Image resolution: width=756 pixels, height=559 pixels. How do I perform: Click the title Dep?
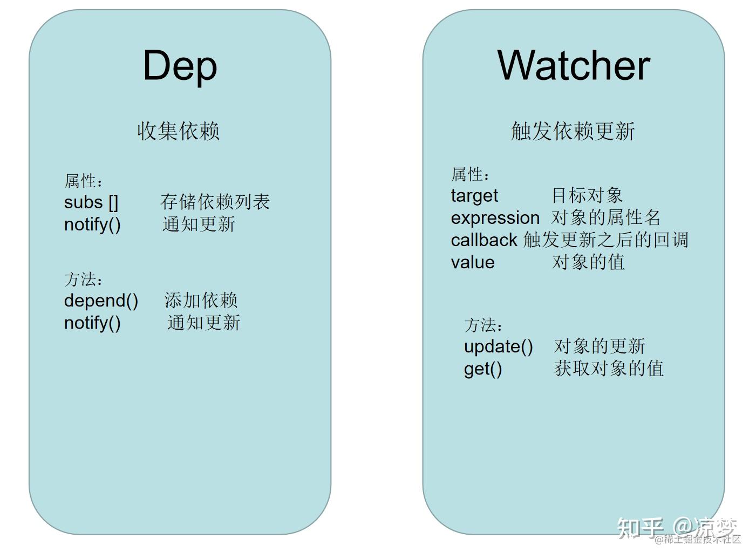click(180, 66)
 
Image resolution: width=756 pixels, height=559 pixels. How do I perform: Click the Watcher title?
click(573, 66)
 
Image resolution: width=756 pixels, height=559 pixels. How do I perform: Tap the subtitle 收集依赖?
click(179, 131)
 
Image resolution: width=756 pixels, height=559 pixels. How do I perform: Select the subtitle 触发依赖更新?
click(573, 131)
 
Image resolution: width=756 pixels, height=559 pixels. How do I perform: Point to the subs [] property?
click(91, 202)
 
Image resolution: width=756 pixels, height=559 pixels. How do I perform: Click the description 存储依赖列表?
click(215, 202)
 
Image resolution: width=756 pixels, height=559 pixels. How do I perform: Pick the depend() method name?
click(101, 301)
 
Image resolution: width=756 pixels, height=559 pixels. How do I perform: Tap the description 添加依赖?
click(201, 301)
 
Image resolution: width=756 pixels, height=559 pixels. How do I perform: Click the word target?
click(474, 196)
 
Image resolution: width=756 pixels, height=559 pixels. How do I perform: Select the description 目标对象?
click(587, 195)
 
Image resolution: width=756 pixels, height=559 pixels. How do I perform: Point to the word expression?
click(495, 218)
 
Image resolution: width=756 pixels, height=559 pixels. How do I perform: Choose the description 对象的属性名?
click(606, 218)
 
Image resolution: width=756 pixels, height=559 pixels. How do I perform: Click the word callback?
click(483, 240)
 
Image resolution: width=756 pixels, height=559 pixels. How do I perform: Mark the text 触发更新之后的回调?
click(606, 240)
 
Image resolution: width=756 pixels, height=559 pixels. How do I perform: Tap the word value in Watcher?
click(473, 262)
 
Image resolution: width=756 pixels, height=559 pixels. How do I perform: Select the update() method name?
click(498, 346)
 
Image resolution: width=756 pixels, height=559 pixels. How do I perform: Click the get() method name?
click(483, 369)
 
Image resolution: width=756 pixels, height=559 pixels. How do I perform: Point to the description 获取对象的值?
click(609, 369)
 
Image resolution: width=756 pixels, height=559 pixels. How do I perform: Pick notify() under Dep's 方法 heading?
click(92, 323)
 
